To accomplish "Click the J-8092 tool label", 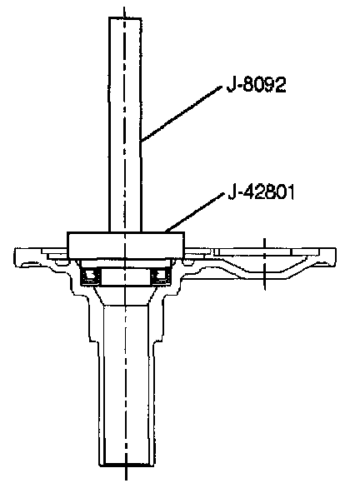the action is point(256,85).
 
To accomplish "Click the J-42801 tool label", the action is point(261,192).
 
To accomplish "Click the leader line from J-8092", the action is point(181,113).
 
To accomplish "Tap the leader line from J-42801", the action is point(194,212).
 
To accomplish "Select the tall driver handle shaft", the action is point(125,125).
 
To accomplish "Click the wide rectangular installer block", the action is point(126,246).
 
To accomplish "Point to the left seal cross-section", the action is point(89,276).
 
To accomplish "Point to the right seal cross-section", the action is point(161,276).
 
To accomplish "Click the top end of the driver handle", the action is point(125,17).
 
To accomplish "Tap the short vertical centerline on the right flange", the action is point(265,264).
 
